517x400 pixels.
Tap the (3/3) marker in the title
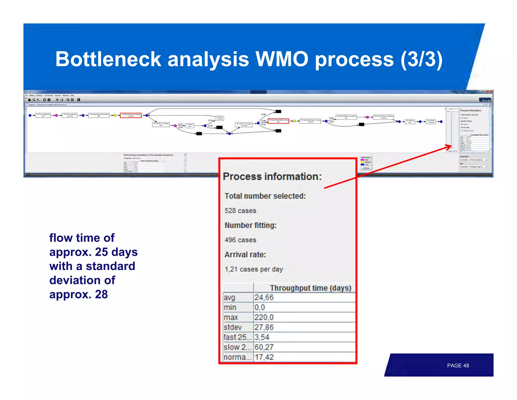[421, 59]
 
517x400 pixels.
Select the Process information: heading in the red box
[272, 176]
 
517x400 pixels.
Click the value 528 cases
[240, 211]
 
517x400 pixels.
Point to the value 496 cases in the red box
[240, 240]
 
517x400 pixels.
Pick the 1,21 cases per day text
[254, 269]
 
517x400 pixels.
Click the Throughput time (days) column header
[311, 288]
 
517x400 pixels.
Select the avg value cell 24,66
[264, 298]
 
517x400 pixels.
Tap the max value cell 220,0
[264, 317]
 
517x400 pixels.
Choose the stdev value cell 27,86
[264, 327]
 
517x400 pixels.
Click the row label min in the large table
[230, 307]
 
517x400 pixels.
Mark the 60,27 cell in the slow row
[264, 347]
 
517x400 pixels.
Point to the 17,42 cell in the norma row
[264, 357]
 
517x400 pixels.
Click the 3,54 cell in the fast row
[262, 337]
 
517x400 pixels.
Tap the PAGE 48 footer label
[458, 365]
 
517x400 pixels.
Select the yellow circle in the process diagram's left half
[115, 115]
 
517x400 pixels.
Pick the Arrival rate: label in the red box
[245, 255]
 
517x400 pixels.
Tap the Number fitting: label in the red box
[250, 225]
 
